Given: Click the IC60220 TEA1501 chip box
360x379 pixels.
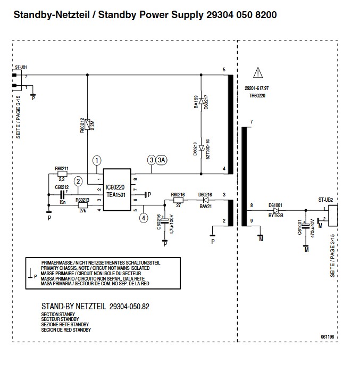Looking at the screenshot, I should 117,192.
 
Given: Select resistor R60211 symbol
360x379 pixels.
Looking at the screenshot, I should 62,175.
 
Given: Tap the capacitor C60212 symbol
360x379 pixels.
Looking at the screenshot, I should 62,195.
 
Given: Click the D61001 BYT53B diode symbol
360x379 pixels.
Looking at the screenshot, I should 276,210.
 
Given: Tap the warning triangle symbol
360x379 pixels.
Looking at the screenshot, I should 258,72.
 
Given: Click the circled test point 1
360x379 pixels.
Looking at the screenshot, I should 96,160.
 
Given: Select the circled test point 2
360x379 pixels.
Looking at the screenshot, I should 78,181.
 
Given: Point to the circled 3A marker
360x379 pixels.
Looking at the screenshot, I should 162,160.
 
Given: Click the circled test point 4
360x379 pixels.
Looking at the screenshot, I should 143,217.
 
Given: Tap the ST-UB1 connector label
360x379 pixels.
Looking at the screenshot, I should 21,68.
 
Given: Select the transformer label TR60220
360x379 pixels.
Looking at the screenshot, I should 256,95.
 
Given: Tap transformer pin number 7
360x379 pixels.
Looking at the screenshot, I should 251,122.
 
